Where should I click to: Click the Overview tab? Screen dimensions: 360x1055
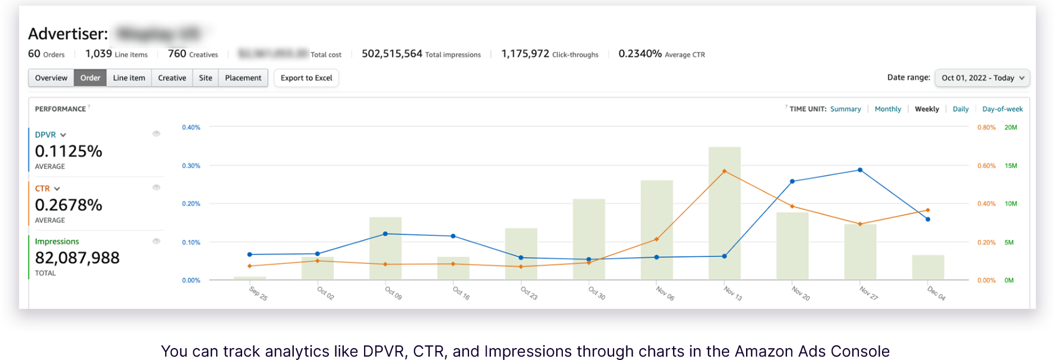tap(51, 78)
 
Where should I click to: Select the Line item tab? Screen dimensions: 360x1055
tap(129, 78)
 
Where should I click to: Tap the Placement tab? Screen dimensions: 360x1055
tap(243, 78)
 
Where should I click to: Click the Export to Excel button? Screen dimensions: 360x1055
tap(306, 78)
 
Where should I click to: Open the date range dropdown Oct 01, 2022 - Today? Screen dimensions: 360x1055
tap(982, 78)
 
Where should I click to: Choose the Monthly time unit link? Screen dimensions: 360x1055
tap(888, 109)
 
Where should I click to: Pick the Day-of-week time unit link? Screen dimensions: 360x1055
tap(1002, 109)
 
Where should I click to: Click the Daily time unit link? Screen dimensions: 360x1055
tap(961, 109)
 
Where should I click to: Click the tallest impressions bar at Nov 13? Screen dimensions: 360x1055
tap(724, 225)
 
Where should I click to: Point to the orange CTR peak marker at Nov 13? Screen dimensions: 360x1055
tap(724, 171)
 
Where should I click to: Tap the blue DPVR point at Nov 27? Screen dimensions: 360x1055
tap(860, 170)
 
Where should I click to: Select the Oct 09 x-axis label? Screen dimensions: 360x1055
tap(393, 293)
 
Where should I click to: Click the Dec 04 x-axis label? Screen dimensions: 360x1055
tap(936, 293)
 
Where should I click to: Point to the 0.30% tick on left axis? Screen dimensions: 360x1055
tap(191, 166)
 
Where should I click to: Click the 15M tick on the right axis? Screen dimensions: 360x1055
tap(1011, 166)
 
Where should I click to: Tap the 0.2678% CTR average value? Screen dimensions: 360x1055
tap(69, 205)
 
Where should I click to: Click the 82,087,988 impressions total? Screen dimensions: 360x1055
tap(77, 258)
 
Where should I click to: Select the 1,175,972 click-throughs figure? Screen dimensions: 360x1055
tap(525, 54)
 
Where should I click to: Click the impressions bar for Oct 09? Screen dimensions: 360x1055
tap(385, 250)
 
